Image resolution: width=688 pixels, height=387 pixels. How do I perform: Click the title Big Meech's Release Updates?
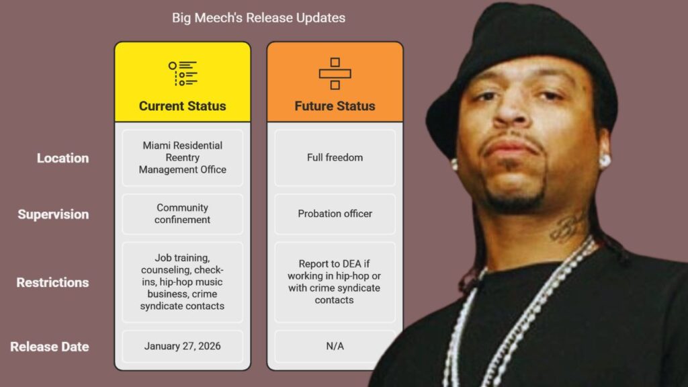[259, 18]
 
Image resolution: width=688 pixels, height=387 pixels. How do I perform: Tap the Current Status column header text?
[183, 106]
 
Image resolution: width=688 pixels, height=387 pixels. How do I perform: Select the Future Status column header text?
[335, 106]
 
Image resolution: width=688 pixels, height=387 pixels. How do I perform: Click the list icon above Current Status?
[183, 74]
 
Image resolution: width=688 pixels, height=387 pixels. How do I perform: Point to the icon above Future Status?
[335, 74]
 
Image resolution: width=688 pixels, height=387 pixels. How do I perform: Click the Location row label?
[62, 158]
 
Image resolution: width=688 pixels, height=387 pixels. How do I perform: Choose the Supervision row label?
[53, 214]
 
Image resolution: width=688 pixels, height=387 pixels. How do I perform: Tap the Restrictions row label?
[52, 282]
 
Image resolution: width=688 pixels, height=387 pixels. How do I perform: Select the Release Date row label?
[50, 347]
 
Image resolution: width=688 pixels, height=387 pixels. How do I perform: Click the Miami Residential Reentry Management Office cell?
[183, 157]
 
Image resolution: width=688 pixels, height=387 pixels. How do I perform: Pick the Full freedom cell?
[335, 157]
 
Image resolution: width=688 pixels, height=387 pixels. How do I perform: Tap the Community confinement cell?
[183, 214]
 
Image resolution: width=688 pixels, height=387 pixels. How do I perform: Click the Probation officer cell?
[335, 214]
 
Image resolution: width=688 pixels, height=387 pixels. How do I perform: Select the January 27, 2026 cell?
[183, 346]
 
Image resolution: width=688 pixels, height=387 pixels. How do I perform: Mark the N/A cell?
[335, 346]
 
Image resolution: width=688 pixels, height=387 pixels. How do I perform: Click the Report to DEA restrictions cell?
[335, 282]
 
